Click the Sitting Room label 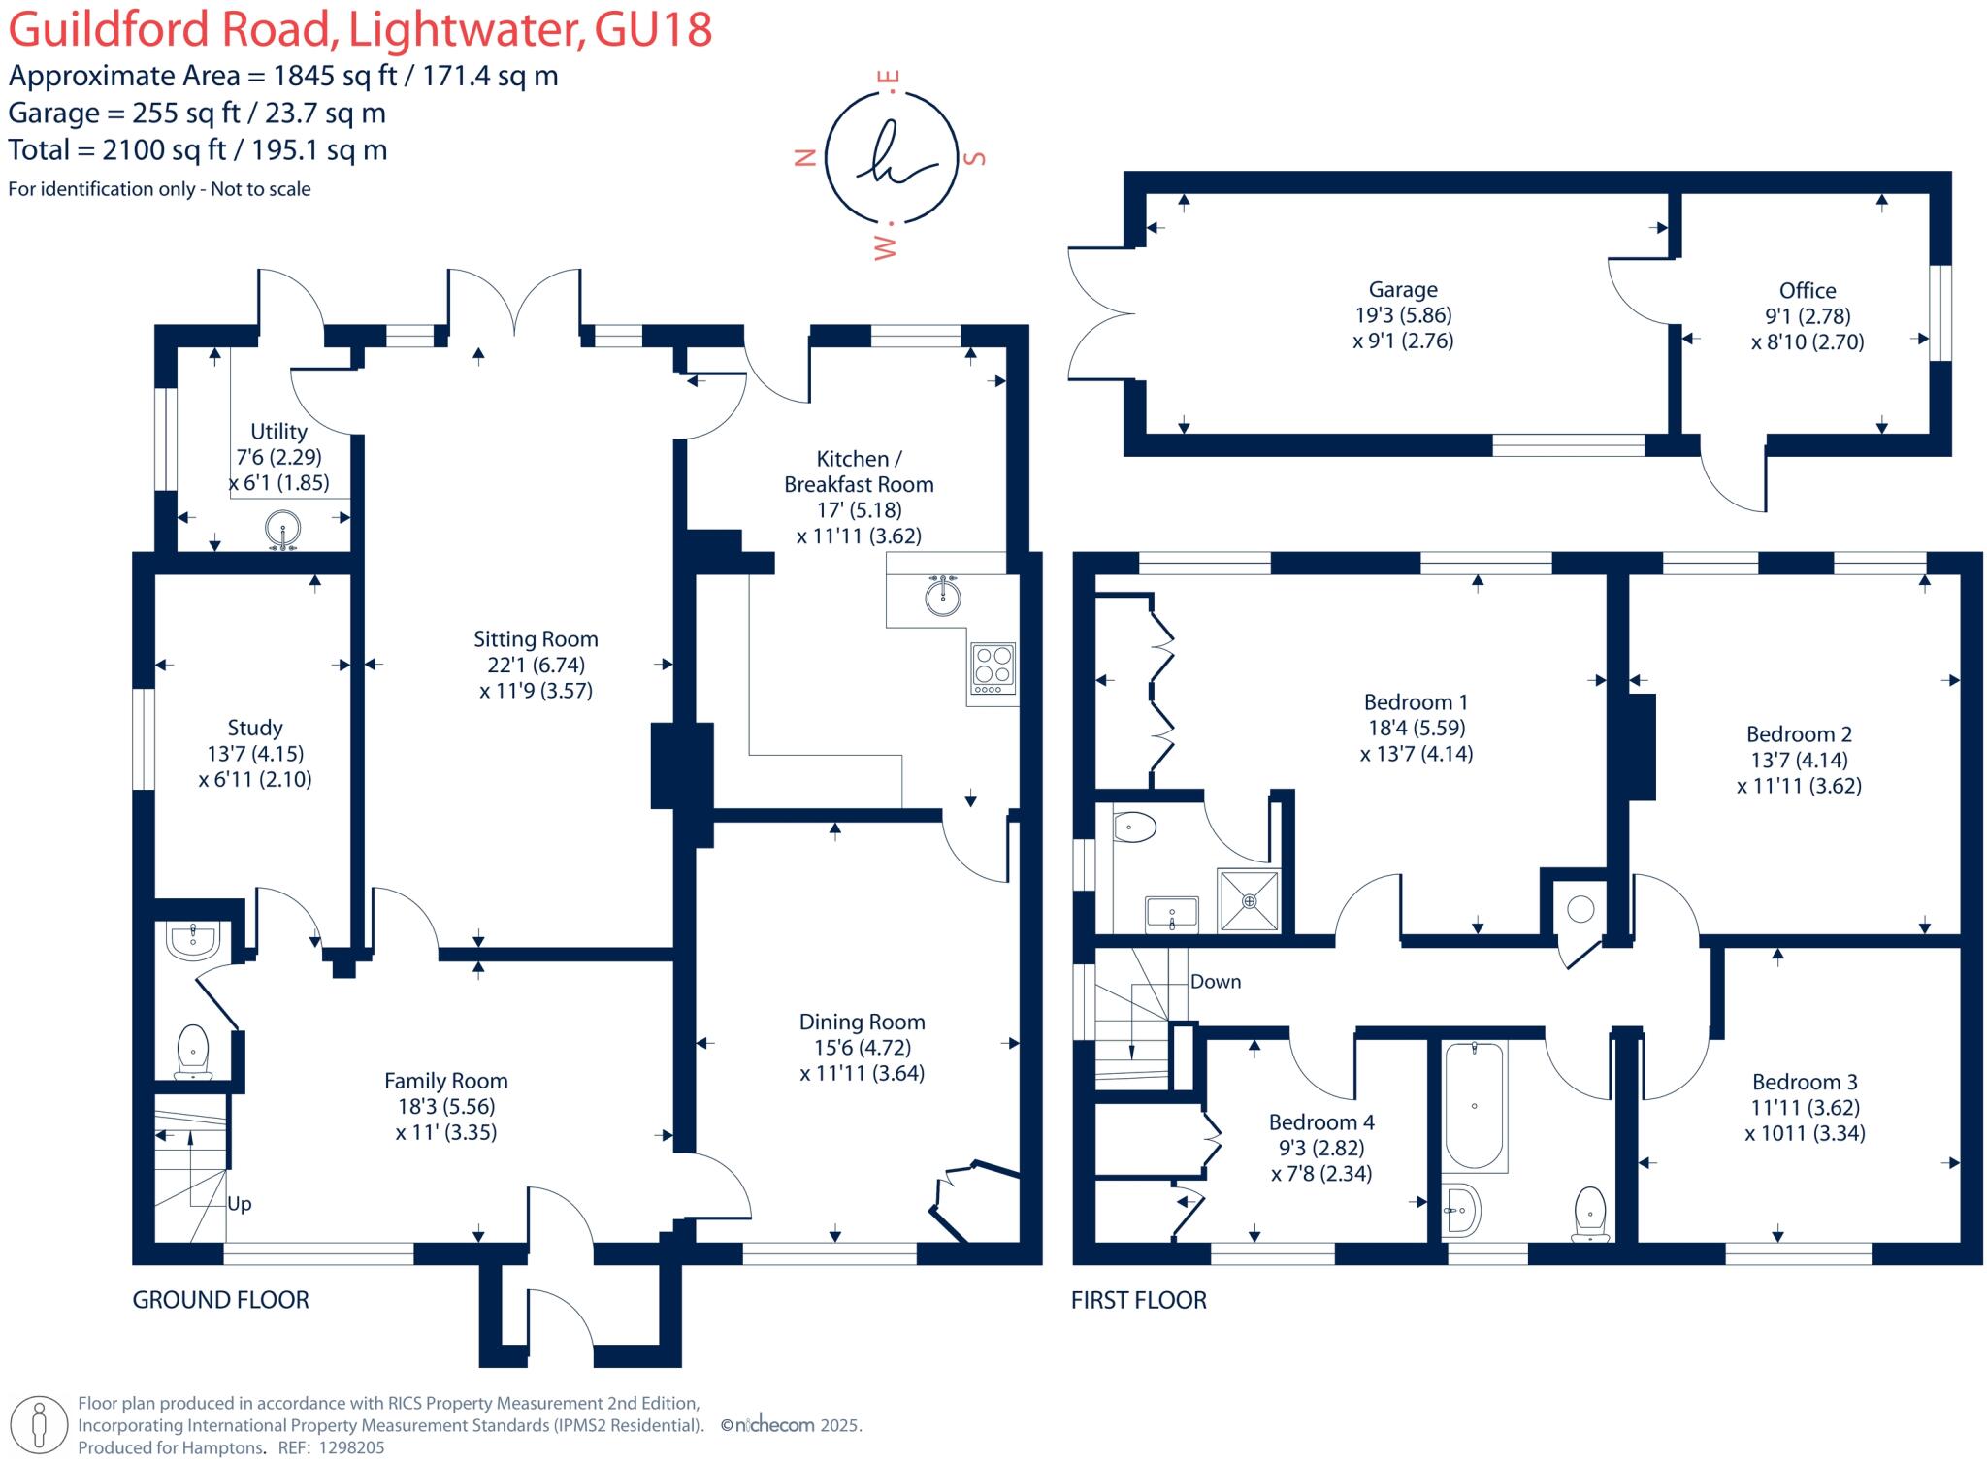pos(536,639)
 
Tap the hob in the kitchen pos(993,668)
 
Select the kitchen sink pos(942,596)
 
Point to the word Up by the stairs pos(239,1204)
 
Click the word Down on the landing pos(1215,982)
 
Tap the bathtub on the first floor pos(1474,1106)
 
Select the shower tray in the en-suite pos(1250,901)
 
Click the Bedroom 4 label pos(1320,1122)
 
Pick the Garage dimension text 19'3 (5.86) pos(1403,315)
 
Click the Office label pos(1807,290)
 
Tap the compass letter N pos(804,158)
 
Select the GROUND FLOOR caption pos(220,1300)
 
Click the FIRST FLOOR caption pos(1138,1300)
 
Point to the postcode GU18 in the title pos(653,29)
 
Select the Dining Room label pos(862,1022)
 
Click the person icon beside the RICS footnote pos(40,1425)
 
